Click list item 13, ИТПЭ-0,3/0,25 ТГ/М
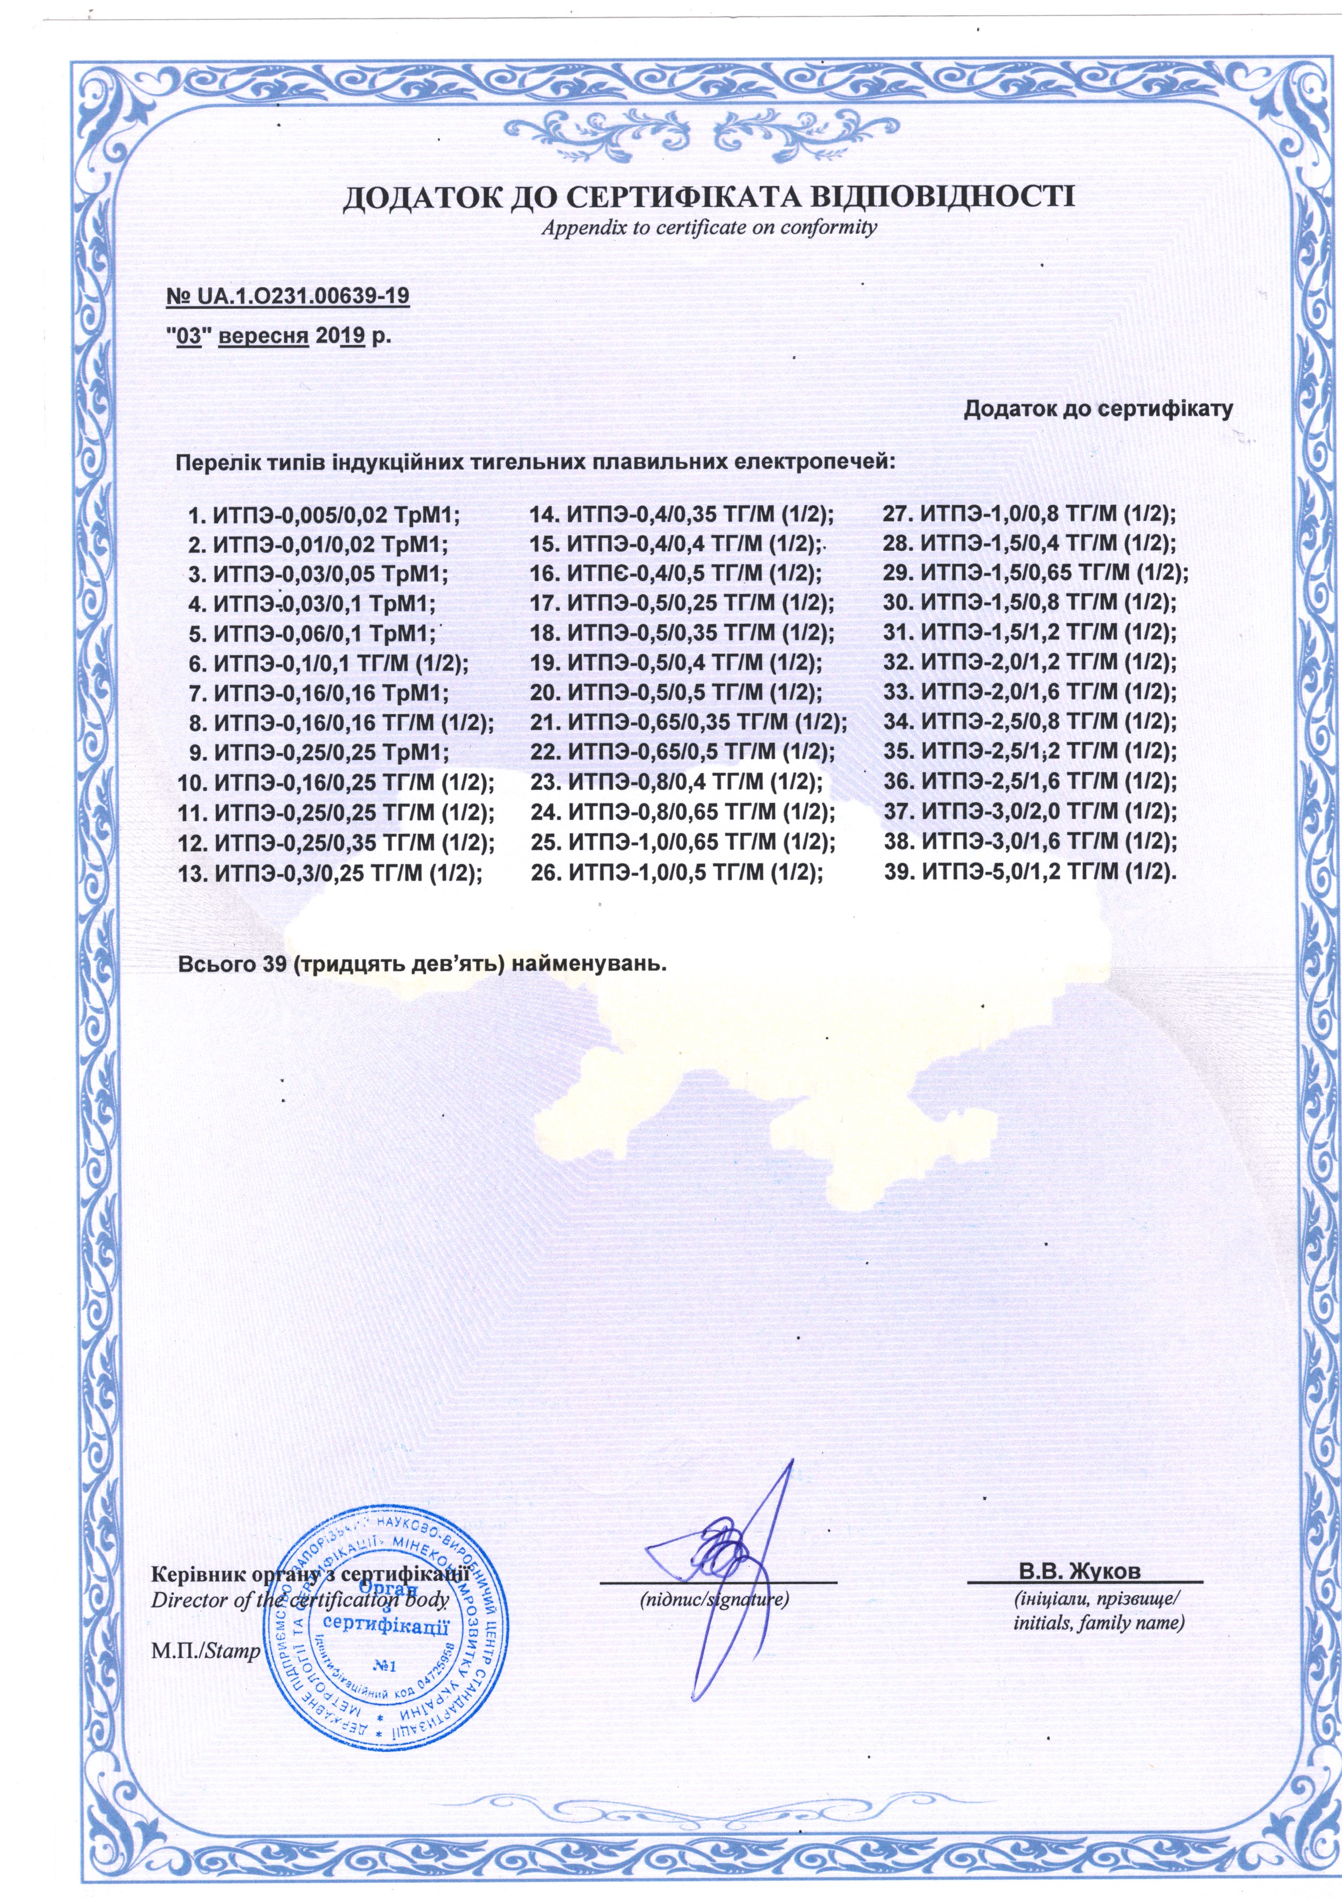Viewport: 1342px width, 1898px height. pos(331,873)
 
